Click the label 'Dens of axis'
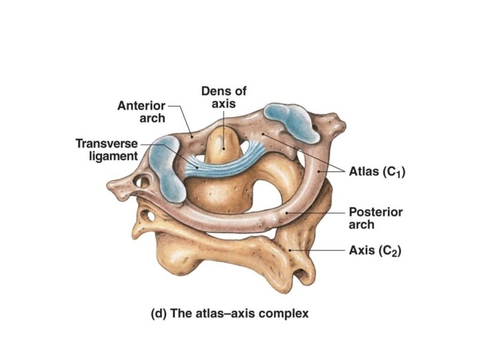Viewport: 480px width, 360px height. (223, 97)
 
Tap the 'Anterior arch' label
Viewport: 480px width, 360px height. (141, 112)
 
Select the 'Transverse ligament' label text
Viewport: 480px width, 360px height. (107, 150)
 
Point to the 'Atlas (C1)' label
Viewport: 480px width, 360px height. (377, 171)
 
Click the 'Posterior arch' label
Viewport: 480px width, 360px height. (376, 218)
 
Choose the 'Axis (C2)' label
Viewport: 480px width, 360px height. (375, 251)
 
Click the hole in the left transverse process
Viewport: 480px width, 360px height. (141, 181)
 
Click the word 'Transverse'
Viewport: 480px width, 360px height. (107, 143)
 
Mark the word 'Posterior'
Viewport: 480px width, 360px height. (376, 212)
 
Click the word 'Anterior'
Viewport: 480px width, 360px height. (141, 105)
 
